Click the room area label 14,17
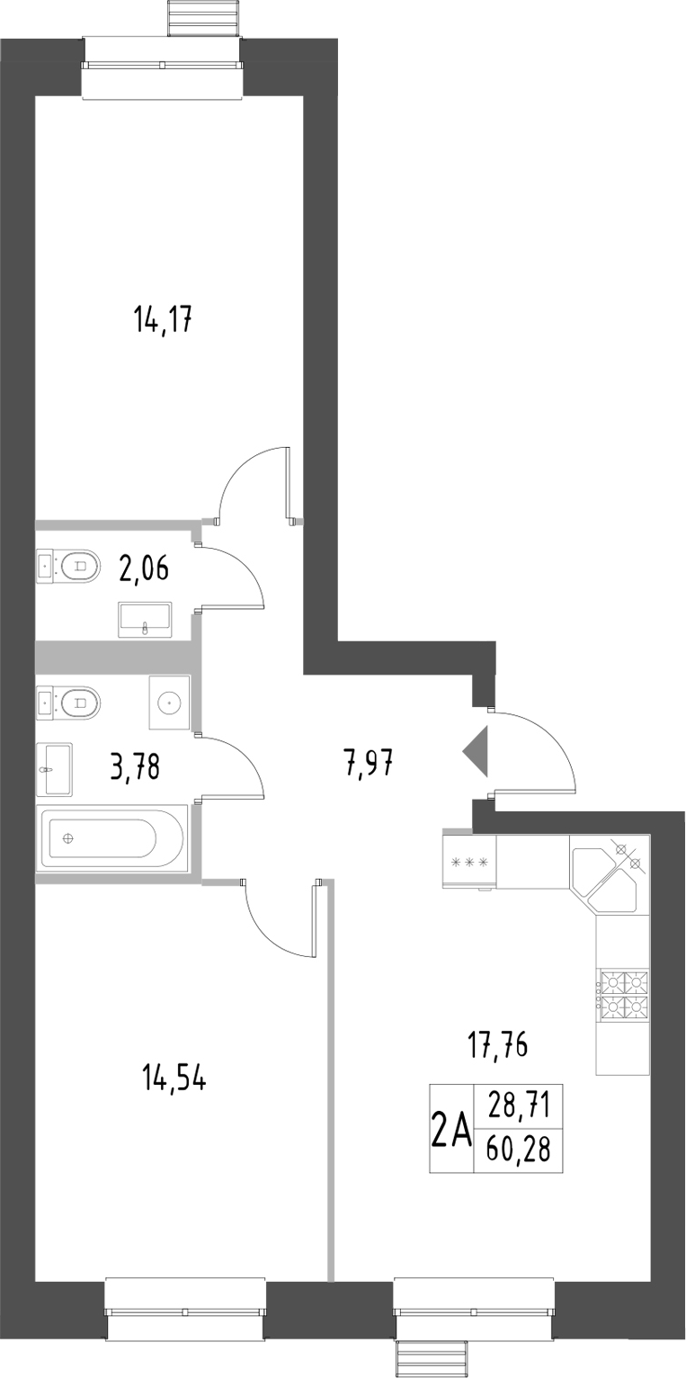pyautogui.click(x=165, y=319)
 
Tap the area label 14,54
pyautogui.click(x=174, y=1078)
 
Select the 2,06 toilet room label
pyautogui.click(x=144, y=568)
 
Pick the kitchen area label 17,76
pyautogui.click(x=496, y=1045)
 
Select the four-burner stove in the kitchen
pyautogui.click(x=624, y=995)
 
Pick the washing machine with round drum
pyautogui.click(x=169, y=702)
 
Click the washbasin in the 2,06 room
pyautogui.click(x=145, y=620)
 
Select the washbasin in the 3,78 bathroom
pyautogui.click(x=55, y=769)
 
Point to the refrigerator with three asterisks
pyautogui.click(x=469, y=863)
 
